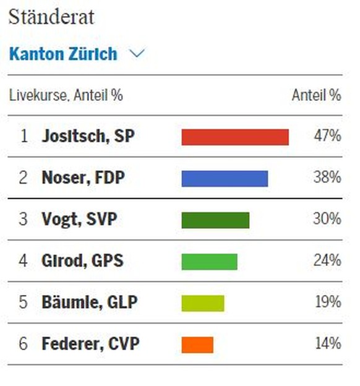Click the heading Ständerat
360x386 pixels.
point(51,17)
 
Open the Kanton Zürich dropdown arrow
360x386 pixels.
point(137,54)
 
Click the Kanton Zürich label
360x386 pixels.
point(63,54)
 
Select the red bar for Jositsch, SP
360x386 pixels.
point(235,137)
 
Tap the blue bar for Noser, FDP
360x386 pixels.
point(225,178)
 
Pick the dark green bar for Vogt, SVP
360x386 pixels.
point(215,220)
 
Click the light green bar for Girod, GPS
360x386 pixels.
point(209,261)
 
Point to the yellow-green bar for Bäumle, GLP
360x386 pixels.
point(203,302)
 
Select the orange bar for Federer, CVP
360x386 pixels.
point(197,344)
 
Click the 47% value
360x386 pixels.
point(327,137)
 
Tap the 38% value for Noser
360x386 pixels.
point(327,178)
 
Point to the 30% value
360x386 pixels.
point(327,220)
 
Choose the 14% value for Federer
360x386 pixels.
point(327,344)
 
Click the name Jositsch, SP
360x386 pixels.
point(87,137)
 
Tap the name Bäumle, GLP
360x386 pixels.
point(89,302)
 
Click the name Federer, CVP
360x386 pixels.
point(90,344)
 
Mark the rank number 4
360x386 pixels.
point(24,261)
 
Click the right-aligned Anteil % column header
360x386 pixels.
point(316,95)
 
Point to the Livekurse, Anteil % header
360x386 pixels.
point(66,95)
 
